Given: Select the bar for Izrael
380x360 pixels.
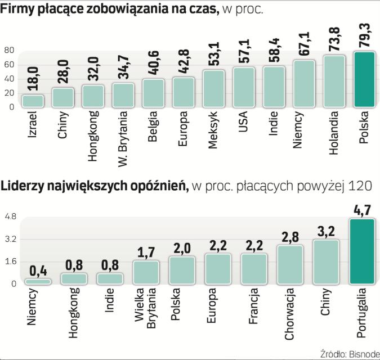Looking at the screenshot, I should click(33, 101).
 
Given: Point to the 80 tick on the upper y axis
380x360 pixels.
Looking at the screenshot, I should click(9, 51).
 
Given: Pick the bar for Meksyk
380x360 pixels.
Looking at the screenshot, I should click(214, 88).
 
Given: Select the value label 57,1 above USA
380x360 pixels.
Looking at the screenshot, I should click(244, 53).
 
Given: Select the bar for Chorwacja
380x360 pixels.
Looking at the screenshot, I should click(290, 264).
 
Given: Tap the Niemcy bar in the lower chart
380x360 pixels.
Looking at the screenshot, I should click(38, 281).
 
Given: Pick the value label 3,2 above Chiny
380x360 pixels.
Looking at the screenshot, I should click(325, 230).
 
